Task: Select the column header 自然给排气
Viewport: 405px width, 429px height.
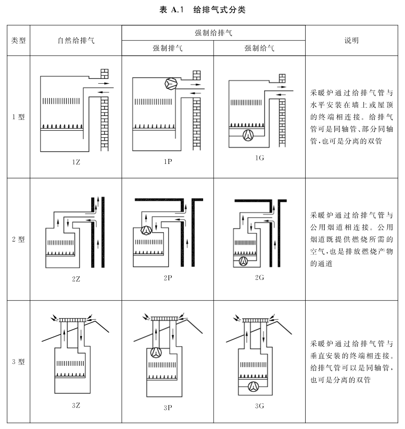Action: pos(76,41)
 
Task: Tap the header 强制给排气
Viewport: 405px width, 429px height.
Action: pos(213,33)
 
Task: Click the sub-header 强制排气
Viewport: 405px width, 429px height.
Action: pos(167,48)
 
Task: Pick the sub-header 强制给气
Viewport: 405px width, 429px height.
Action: pos(259,48)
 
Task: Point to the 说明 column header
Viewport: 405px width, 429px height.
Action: pos(351,41)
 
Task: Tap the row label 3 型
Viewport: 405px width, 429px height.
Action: pos(18,361)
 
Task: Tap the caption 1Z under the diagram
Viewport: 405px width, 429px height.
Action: pos(76,162)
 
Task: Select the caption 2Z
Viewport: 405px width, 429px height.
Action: pos(76,279)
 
